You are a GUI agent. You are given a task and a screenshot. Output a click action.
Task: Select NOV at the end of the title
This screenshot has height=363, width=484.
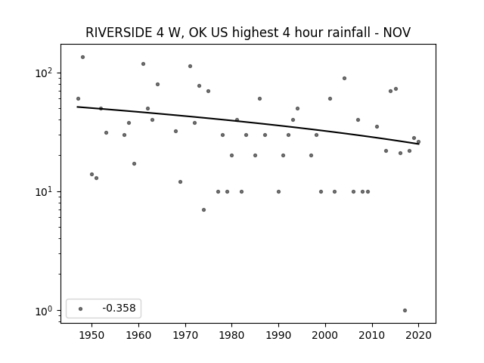point(396,33)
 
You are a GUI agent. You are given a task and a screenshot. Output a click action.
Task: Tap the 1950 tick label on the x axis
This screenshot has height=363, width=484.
point(92,335)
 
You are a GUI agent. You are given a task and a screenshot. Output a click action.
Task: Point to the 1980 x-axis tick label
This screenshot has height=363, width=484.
point(231,335)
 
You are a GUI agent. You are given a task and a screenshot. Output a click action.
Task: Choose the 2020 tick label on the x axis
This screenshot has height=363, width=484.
point(418,335)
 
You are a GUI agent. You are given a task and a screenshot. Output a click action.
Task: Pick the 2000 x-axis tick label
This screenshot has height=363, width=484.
point(325,335)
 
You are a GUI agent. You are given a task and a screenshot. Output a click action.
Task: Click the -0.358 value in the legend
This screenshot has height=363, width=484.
point(119,308)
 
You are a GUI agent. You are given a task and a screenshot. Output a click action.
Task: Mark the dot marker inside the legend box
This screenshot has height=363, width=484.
point(81,309)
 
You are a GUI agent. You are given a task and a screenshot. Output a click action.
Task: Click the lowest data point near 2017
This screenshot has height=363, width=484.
point(405,311)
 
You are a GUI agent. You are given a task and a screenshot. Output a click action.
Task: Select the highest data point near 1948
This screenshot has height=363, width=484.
point(82,57)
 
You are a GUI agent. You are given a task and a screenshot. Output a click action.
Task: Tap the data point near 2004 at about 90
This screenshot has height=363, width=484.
point(345,79)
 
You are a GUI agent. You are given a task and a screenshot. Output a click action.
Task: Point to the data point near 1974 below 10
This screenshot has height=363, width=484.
point(203,210)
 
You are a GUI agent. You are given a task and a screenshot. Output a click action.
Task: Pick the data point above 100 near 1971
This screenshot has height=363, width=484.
point(190,66)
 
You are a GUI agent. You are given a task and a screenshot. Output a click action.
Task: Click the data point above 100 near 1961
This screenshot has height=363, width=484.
point(143,64)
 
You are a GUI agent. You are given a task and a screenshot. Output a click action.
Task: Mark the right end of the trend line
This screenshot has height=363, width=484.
point(419,144)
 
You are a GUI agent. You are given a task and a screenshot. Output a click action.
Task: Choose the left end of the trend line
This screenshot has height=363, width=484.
point(77,107)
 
